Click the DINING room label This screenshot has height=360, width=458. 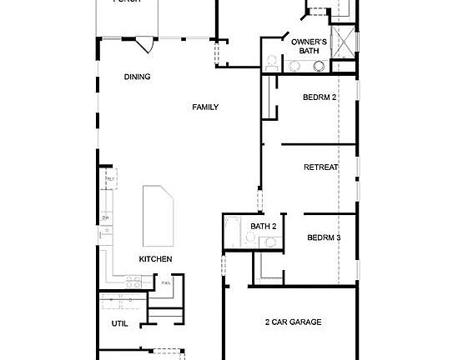tap(137, 77)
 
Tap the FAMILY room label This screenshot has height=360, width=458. tap(205, 107)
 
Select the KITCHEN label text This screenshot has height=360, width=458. tap(155, 259)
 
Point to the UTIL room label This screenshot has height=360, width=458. tap(120, 323)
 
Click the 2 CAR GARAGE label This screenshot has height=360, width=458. tap(293, 322)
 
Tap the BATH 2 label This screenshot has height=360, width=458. tap(263, 226)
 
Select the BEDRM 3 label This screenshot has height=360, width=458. tap(324, 237)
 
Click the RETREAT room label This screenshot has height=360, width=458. tap(320, 167)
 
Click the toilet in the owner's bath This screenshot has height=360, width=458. tap(271, 62)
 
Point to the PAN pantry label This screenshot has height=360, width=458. tap(166, 282)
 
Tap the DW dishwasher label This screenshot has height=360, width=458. tap(106, 218)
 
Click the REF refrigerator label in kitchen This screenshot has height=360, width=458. tap(108, 179)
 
